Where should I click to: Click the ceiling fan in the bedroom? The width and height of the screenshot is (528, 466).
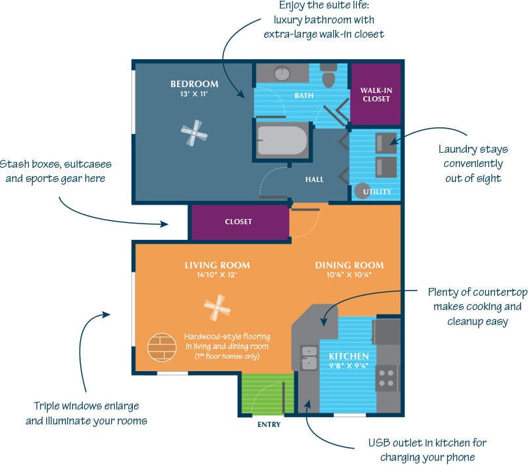pyautogui.click(x=194, y=135)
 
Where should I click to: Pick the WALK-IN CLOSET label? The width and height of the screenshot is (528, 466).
pyautogui.click(x=376, y=94)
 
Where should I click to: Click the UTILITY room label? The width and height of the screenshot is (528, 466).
pyautogui.click(x=377, y=192)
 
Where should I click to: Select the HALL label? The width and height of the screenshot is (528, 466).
pyautogui.click(x=314, y=179)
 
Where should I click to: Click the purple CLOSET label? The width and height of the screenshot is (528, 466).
pyautogui.click(x=238, y=222)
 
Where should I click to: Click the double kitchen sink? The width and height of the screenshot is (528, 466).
pyautogui.click(x=308, y=357)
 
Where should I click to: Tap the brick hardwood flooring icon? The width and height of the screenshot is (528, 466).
pyautogui.click(x=162, y=348)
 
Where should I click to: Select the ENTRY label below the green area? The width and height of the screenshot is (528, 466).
pyautogui.click(x=269, y=424)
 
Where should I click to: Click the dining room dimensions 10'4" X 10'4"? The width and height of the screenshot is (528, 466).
pyautogui.click(x=350, y=275)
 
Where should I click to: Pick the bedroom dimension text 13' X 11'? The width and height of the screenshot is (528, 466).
pyautogui.click(x=194, y=94)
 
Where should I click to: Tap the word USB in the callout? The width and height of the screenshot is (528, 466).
pyautogui.click(x=380, y=443)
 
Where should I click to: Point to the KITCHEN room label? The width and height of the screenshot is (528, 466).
pyautogui.click(x=349, y=356)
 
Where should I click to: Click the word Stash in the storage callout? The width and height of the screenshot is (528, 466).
pyautogui.click(x=14, y=164)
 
